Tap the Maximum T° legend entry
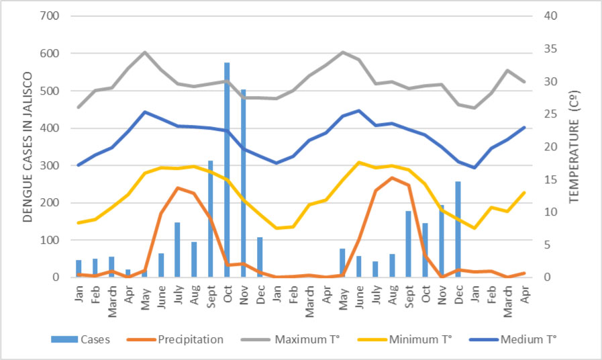303,340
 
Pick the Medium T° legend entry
528,340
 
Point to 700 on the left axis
52,16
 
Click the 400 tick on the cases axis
52,128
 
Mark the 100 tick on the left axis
52,240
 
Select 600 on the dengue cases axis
52,54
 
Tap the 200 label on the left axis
52,203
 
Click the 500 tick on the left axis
52,91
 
